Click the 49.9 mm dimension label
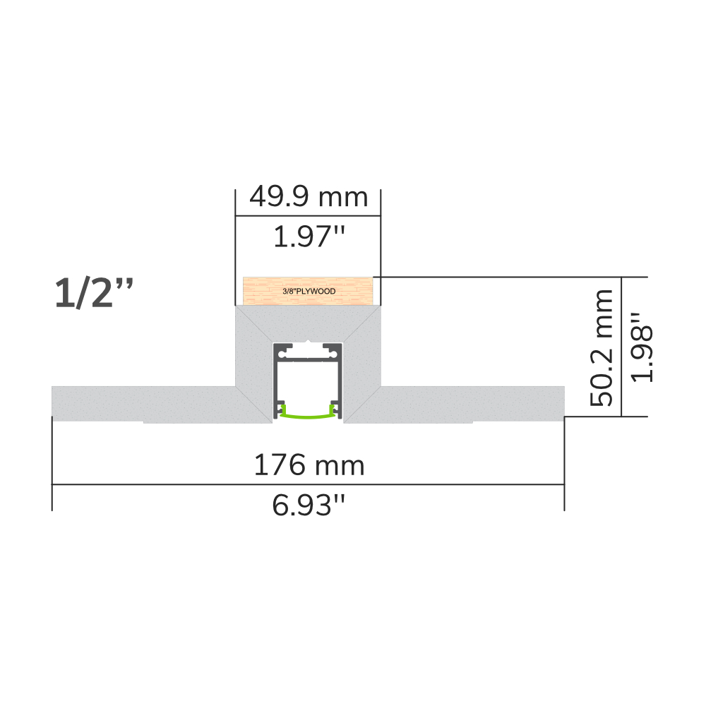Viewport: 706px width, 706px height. click(308, 197)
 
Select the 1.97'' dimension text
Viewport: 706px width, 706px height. click(308, 237)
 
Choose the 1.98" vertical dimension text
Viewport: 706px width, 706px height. click(641, 347)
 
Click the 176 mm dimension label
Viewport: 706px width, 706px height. click(309, 465)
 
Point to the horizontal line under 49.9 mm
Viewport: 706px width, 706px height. click(308, 217)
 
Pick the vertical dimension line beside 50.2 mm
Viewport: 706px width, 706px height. click(621, 347)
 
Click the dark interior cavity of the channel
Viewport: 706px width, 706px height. click(308, 385)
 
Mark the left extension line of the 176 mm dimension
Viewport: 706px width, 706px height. click(52, 466)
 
